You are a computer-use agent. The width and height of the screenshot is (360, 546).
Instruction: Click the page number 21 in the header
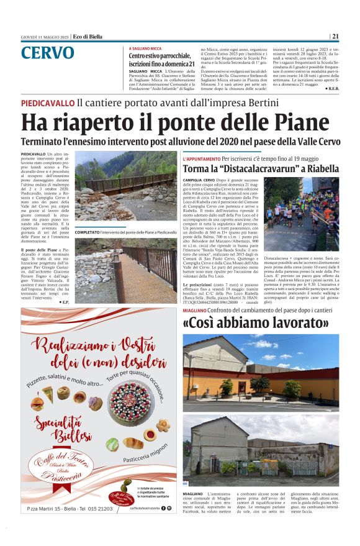coord(335,36)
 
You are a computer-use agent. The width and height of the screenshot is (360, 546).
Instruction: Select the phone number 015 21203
coord(96,509)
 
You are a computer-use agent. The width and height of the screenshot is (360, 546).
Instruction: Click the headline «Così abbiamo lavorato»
coord(256,323)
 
